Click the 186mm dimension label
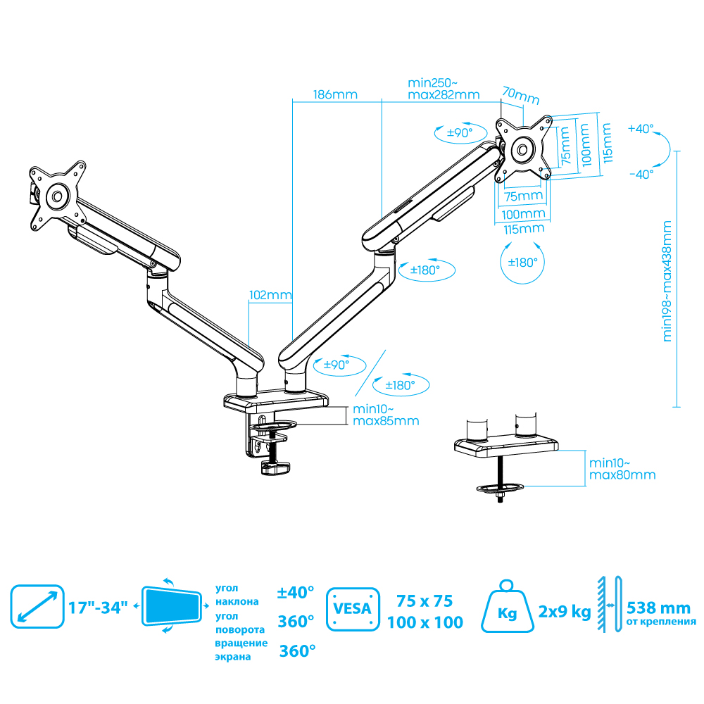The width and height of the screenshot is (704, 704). coord(335,94)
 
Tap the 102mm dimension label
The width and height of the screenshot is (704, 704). coord(269,296)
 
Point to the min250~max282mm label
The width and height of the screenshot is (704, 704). coord(444,89)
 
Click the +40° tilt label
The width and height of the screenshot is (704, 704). coord(641,129)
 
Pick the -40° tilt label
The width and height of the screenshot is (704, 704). coord(641,173)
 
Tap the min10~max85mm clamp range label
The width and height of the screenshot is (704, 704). coord(386,415)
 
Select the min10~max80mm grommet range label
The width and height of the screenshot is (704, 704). coord(622,469)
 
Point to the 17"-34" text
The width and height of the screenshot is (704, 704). coord(99,607)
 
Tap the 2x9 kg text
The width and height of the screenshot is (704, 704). coord(564,611)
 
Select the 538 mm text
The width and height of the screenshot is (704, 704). coord(658,608)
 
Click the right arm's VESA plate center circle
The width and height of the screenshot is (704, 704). coord(523,149)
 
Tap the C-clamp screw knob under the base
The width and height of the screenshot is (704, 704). coord(275,468)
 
